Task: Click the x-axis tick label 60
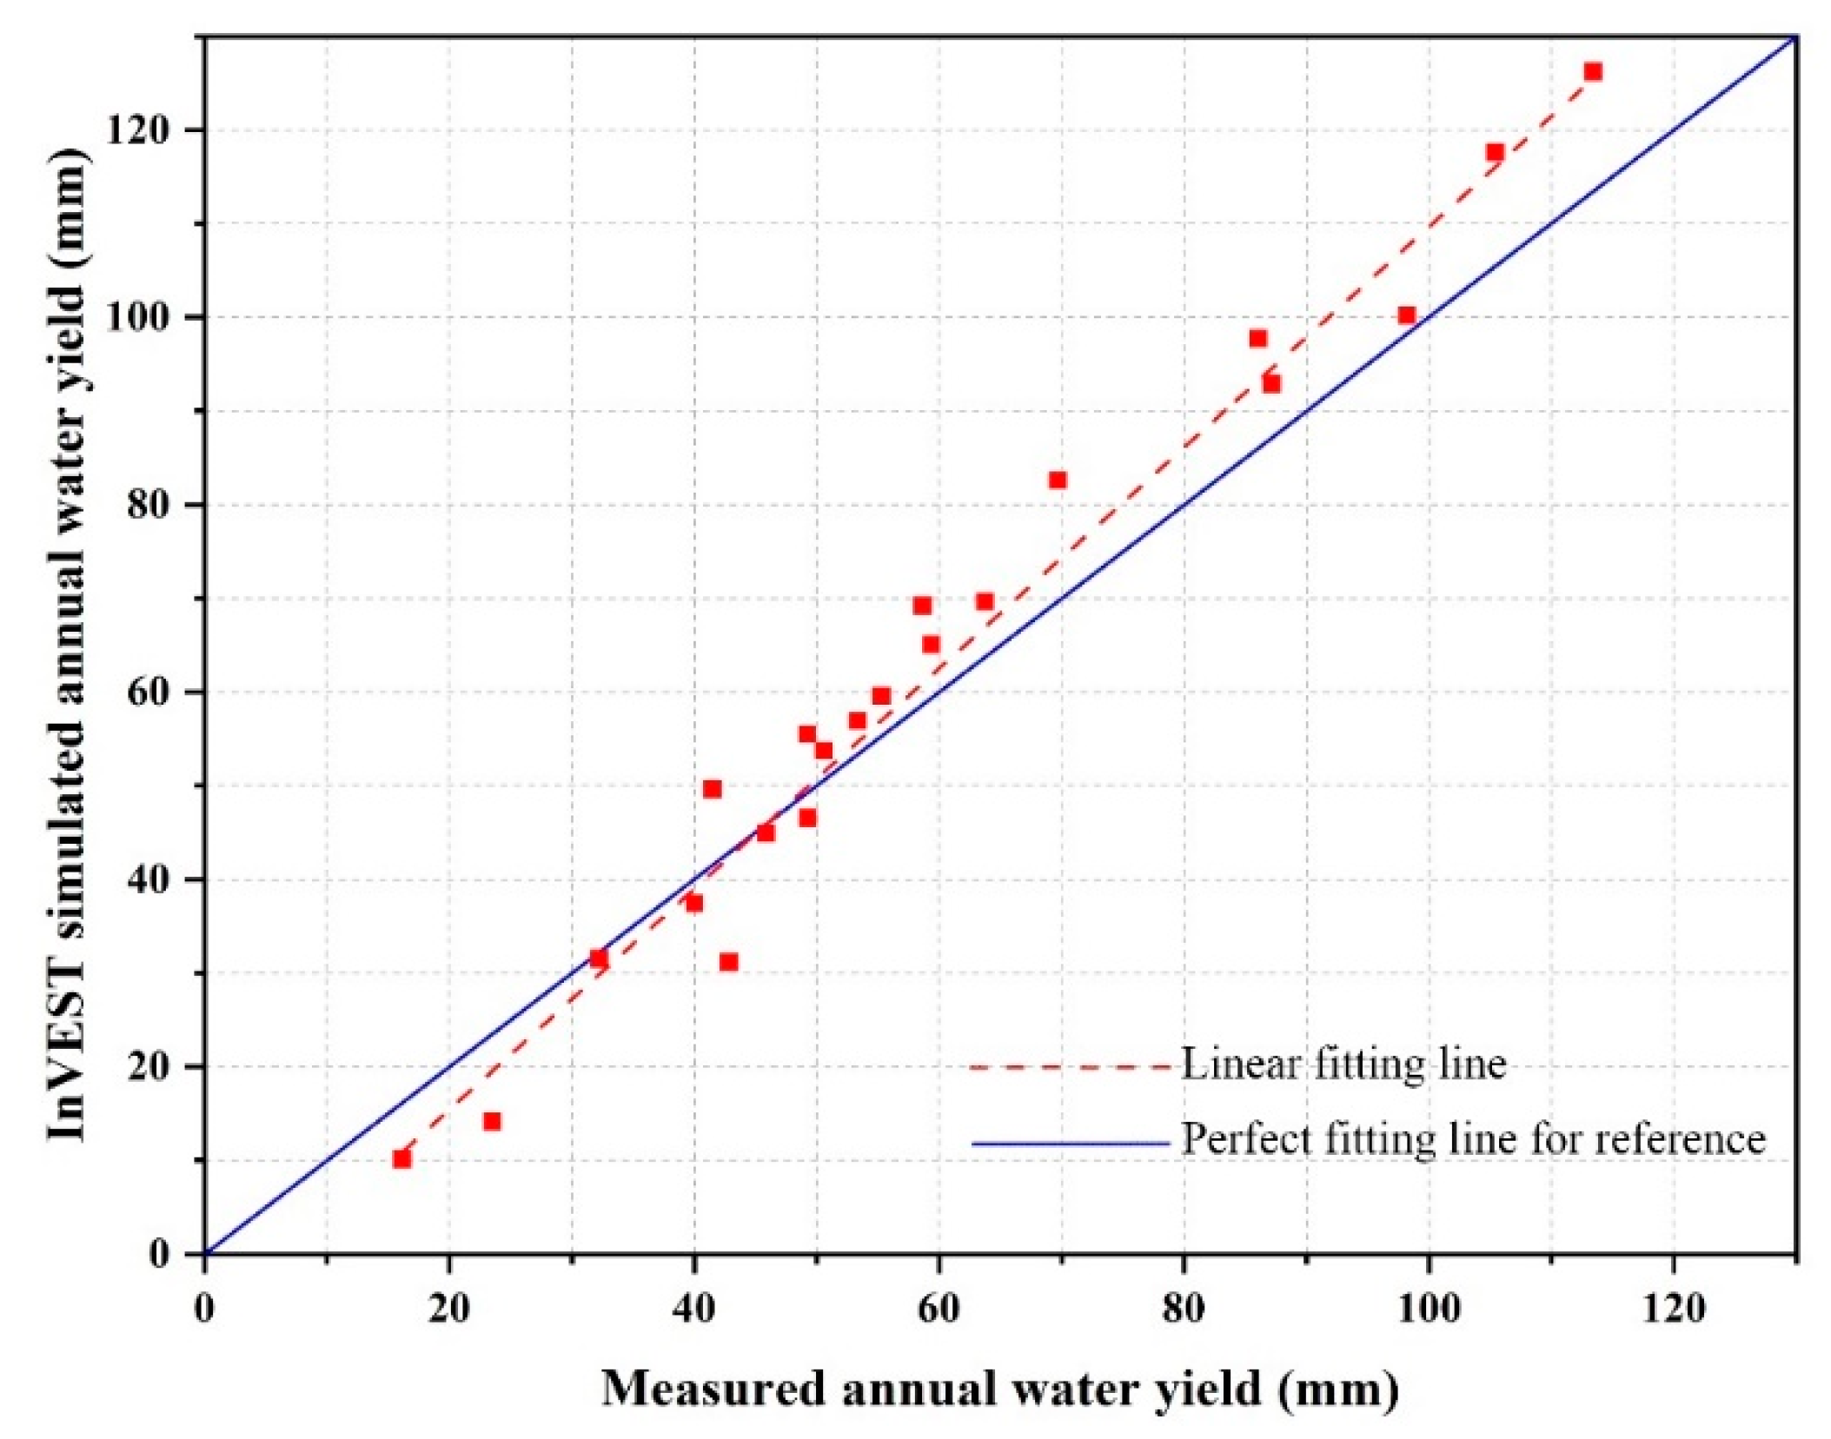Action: click(x=938, y=1308)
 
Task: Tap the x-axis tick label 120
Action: click(x=1673, y=1308)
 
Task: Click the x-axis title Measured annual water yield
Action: click(x=999, y=1388)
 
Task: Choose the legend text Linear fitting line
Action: click(x=1343, y=1064)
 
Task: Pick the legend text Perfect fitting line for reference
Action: click(x=1473, y=1139)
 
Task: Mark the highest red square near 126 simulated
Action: click(x=1593, y=72)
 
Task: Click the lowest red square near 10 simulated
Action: click(x=401, y=1158)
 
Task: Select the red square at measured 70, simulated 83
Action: click(x=1057, y=480)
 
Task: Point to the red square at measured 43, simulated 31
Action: click(x=728, y=962)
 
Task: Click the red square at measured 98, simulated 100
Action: click(x=1407, y=315)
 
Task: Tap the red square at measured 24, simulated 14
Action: click(x=492, y=1121)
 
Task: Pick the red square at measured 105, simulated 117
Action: click(x=1495, y=153)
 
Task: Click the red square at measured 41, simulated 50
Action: click(x=712, y=789)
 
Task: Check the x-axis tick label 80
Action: click(x=1183, y=1308)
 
